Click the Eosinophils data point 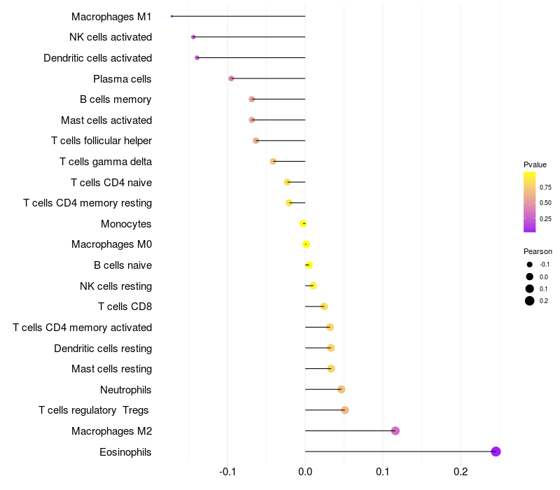point(496,451)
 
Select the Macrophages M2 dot point(395,430)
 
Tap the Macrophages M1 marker point(171,16)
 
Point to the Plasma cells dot point(231,78)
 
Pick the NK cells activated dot point(193,36)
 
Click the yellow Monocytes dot point(302,223)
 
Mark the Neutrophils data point point(341,389)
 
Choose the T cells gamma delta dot point(273,161)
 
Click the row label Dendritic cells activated point(97,57)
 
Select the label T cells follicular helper point(101,141)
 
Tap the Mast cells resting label point(111,369)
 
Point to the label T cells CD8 point(125,307)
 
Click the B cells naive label point(122,265)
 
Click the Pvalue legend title point(535,164)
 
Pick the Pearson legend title point(538,251)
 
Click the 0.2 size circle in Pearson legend point(530,301)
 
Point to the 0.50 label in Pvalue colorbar point(545,203)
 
